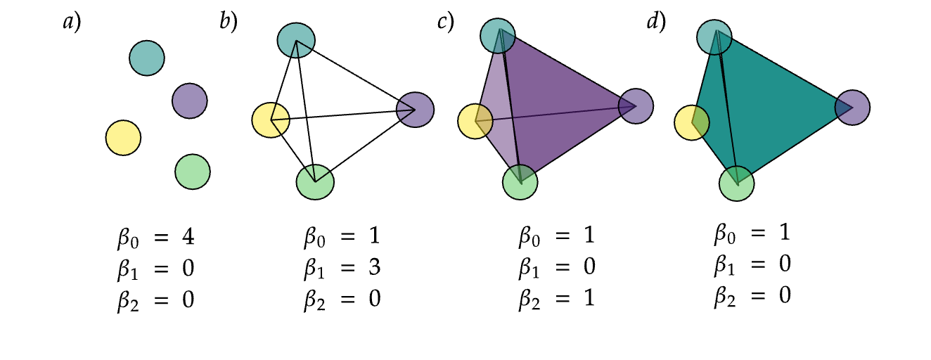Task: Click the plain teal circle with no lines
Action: (147, 58)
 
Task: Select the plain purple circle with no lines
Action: (190, 101)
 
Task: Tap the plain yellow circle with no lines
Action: (123, 138)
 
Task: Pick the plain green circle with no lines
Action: (193, 172)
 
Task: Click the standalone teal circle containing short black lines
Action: (296, 41)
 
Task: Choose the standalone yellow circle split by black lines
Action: (271, 120)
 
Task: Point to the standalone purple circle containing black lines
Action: (416, 110)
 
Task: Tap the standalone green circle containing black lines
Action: (315, 182)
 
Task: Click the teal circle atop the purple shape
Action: (498, 36)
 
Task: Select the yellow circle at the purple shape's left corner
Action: (475, 122)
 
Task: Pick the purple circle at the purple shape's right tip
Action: (636, 106)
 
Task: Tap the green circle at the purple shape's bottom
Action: (520, 182)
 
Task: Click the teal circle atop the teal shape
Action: (714, 37)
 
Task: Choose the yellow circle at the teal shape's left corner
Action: (692, 123)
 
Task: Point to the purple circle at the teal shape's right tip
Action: (852, 108)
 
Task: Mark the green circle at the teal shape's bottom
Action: (737, 184)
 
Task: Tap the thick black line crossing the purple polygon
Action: (511, 105)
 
